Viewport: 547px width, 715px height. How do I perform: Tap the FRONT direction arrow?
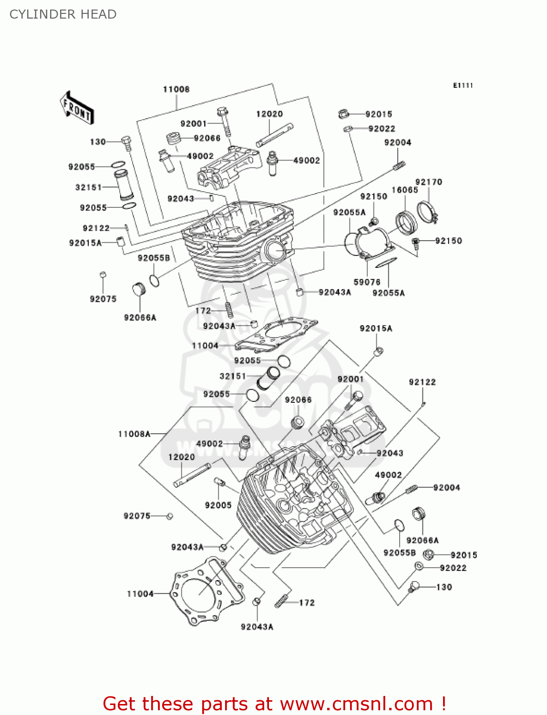click(77, 108)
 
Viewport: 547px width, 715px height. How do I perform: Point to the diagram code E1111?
click(463, 85)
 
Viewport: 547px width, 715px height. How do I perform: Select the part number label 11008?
click(176, 89)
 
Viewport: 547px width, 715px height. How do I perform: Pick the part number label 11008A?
click(134, 434)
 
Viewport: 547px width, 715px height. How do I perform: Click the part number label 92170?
click(429, 182)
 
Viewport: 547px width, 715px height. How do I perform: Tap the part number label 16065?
click(405, 190)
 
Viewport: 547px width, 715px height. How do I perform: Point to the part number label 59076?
click(367, 282)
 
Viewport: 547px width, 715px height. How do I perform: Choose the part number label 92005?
click(218, 505)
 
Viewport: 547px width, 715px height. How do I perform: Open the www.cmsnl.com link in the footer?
click(357, 704)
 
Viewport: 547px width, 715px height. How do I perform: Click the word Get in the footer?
click(119, 704)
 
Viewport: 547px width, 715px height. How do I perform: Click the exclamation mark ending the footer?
click(443, 704)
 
